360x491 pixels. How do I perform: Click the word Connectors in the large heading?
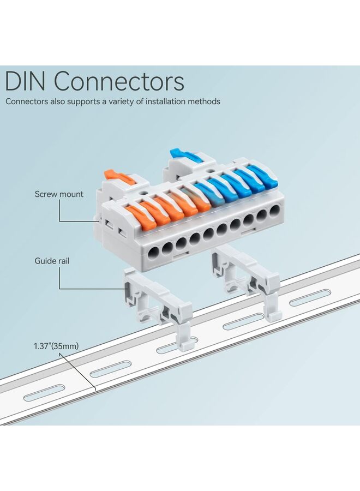click(119, 82)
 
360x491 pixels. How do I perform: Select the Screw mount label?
click(59, 194)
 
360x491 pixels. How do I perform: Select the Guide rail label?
click(52, 261)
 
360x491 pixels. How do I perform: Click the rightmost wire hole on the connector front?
click(275, 210)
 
